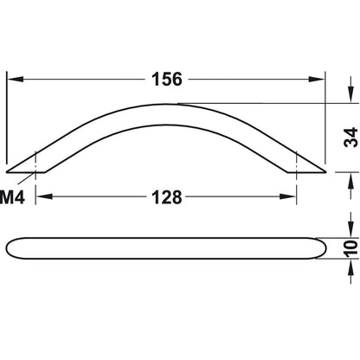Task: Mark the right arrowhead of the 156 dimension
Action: click(323, 79)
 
